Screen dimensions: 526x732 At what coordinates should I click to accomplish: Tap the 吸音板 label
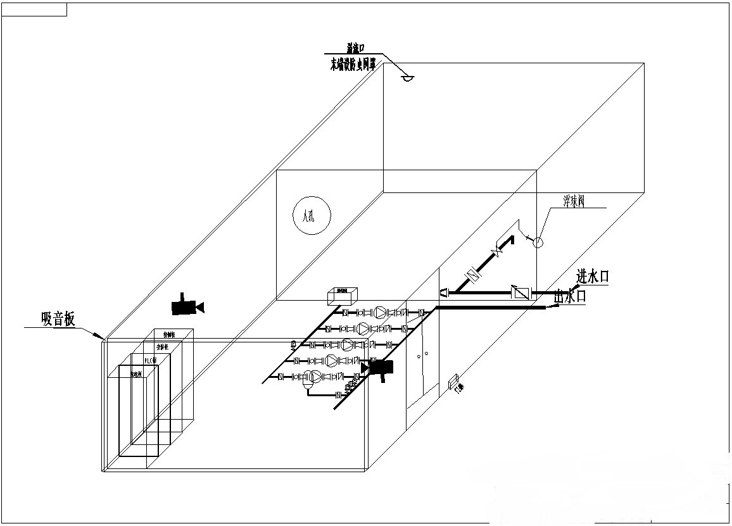click(58, 319)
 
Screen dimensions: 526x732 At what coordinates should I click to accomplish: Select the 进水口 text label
click(593, 277)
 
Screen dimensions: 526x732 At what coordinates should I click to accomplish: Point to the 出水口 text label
click(569, 296)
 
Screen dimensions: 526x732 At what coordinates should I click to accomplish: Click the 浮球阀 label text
click(574, 201)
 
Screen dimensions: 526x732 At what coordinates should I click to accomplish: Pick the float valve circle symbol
click(537, 242)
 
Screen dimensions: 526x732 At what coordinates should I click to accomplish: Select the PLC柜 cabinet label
click(150, 360)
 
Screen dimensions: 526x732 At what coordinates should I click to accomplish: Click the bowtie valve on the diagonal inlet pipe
click(498, 251)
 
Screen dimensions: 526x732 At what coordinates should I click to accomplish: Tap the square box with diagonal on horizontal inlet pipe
click(521, 293)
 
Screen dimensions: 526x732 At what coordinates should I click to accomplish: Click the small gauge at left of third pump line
click(293, 345)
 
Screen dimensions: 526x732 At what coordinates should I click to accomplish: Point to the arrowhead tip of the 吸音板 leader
click(103, 339)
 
